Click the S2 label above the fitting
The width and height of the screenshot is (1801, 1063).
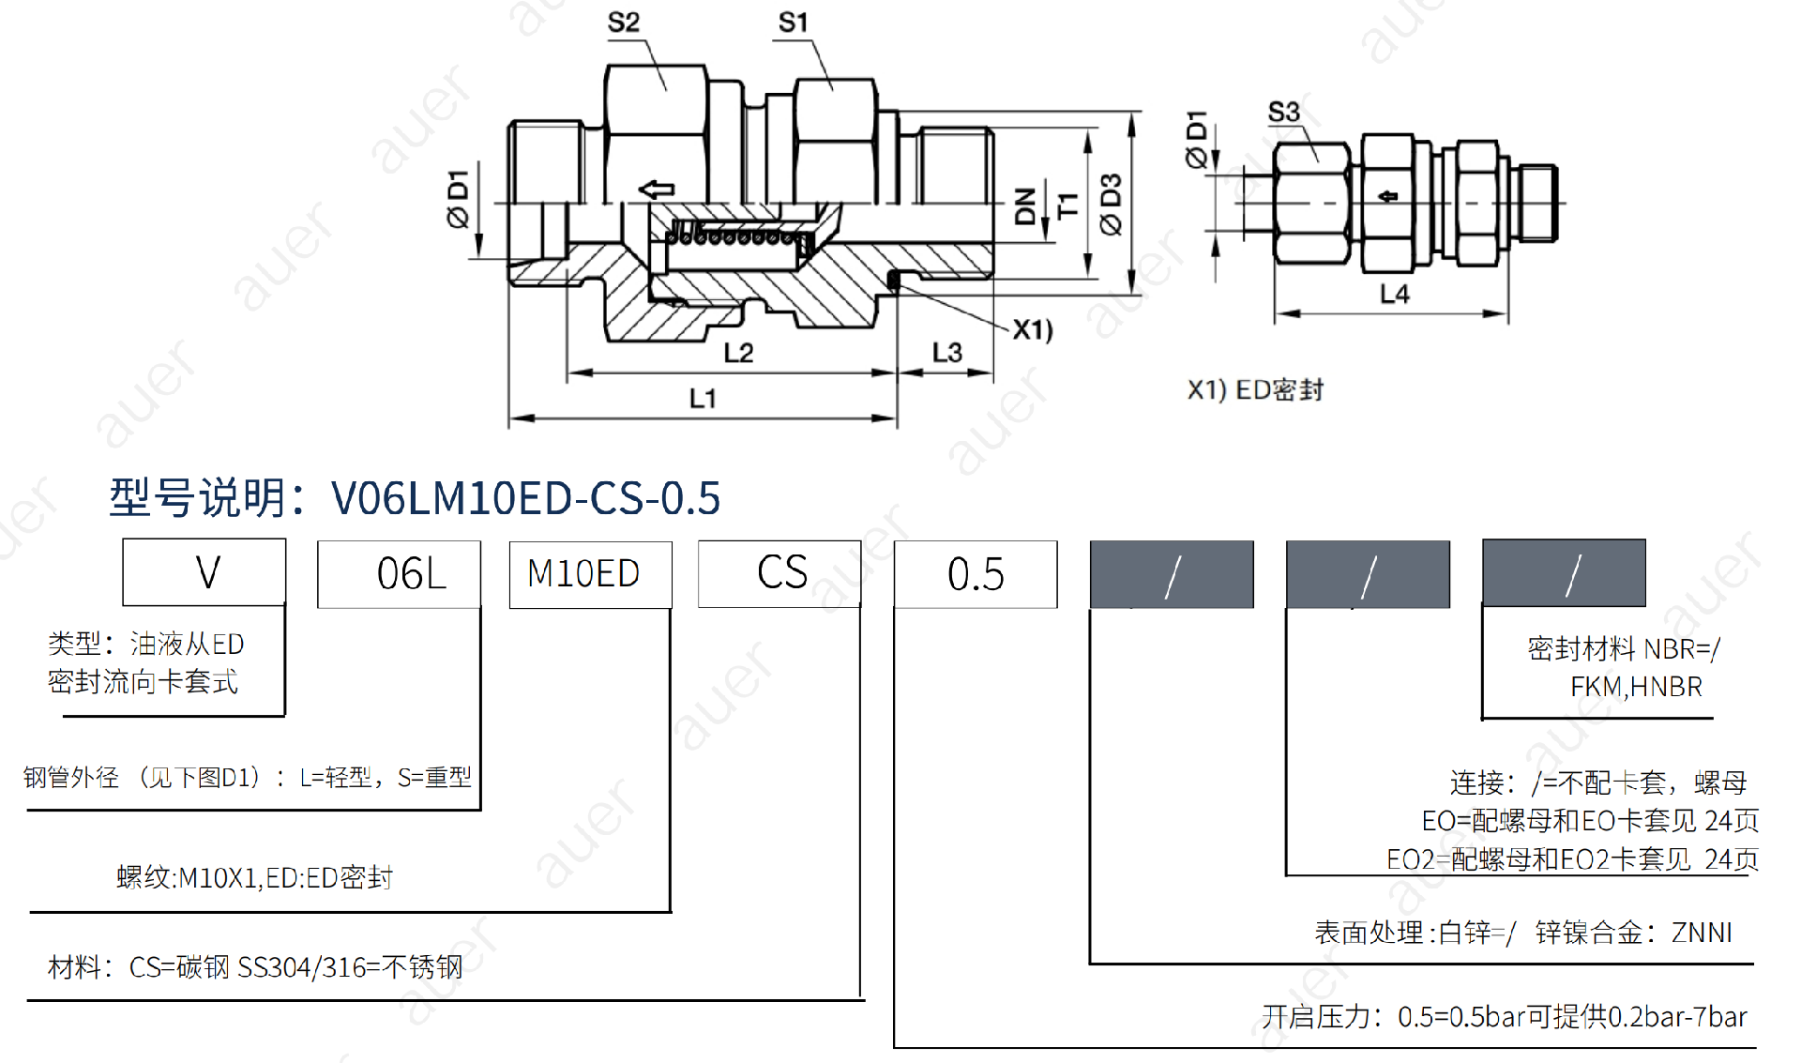pyautogui.click(x=624, y=23)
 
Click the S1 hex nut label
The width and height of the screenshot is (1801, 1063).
pyautogui.click(x=794, y=23)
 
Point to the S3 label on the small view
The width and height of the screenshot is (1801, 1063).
pyautogui.click(x=1284, y=113)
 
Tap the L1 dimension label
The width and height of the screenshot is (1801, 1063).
pyautogui.click(x=703, y=399)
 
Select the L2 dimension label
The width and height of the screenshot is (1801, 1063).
pyautogui.click(x=738, y=353)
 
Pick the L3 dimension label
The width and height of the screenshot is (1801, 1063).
pyautogui.click(x=946, y=353)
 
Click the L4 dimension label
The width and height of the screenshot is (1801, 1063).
pyautogui.click(x=1395, y=295)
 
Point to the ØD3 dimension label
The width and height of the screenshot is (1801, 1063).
pyautogui.click(x=1112, y=204)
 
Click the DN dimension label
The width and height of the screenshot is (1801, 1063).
pyautogui.click(x=1025, y=205)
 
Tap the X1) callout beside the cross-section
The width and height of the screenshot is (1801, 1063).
pyautogui.click(x=1033, y=330)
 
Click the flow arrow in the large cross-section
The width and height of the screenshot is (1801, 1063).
pyautogui.click(x=657, y=190)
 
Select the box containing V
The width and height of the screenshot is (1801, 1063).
pyautogui.click(x=204, y=572)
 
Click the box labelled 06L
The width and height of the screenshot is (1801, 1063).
pyautogui.click(x=400, y=574)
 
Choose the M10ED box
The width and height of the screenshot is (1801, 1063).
pyautogui.click(x=590, y=574)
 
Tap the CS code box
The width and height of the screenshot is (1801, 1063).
pyautogui.click(x=779, y=573)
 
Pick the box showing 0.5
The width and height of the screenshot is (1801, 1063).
pyautogui.click(x=976, y=574)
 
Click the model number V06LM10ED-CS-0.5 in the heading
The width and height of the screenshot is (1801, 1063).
pyautogui.click(x=525, y=498)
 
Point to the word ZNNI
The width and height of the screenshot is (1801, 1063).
pyautogui.click(x=1702, y=933)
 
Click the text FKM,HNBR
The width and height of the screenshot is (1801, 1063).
pyautogui.click(x=1636, y=687)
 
